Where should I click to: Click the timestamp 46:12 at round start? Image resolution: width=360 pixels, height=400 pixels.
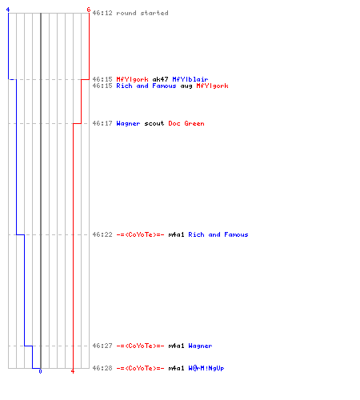(102, 13)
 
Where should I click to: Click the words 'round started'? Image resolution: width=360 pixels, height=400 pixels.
(142, 13)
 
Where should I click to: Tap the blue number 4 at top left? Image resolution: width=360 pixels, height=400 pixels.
(8, 10)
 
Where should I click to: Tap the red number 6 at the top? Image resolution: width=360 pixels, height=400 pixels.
(89, 10)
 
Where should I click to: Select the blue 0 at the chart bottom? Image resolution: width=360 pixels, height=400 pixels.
(40, 371)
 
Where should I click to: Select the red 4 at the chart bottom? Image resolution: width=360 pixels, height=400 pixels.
(73, 371)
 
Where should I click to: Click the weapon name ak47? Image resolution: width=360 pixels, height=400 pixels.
(160, 79)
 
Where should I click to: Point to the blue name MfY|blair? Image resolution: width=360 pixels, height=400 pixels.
(190, 79)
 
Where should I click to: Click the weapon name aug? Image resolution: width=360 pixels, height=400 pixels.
(186, 86)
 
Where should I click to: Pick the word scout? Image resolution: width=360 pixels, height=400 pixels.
(154, 123)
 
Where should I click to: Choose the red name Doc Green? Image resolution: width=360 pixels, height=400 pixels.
(186, 123)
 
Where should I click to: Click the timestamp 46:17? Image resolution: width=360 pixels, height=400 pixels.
(102, 123)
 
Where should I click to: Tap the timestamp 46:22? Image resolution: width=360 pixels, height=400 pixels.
(102, 234)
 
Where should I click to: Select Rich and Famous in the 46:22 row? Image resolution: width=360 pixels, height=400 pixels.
(218, 234)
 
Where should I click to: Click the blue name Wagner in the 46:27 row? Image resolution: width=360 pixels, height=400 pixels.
(200, 346)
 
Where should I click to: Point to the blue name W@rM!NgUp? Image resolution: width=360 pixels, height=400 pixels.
(206, 368)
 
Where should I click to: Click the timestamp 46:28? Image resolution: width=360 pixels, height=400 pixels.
(102, 368)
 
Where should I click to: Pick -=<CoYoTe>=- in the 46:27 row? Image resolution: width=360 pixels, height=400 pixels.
(140, 346)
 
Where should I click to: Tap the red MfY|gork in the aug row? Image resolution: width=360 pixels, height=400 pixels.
(212, 86)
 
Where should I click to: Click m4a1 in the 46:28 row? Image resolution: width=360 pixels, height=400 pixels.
(176, 368)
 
